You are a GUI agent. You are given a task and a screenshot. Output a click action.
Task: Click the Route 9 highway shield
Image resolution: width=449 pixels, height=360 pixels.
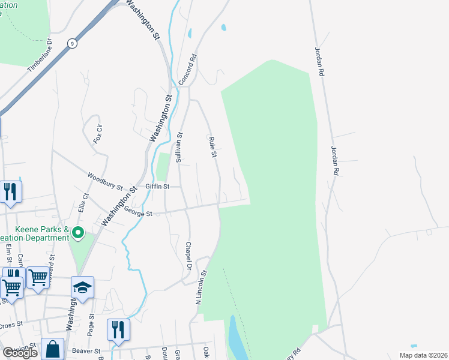click(x=72, y=43)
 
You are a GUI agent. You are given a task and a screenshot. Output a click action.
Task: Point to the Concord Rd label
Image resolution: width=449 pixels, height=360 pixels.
click(x=188, y=69)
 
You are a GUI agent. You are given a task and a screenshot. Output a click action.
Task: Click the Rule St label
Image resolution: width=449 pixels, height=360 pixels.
click(x=212, y=147)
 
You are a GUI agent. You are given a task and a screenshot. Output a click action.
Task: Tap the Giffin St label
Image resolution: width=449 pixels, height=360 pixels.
click(x=158, y=187)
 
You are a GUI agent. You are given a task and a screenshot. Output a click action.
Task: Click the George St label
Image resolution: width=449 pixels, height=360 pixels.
click(x=139, y=211)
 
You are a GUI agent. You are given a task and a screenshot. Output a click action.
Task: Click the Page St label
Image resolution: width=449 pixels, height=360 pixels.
click(x=91, y=324)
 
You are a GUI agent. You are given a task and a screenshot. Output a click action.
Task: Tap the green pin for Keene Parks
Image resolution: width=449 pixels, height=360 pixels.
click(x=79, y=233)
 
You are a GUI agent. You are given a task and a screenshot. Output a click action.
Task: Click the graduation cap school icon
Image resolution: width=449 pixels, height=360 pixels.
click(x=83, y=287)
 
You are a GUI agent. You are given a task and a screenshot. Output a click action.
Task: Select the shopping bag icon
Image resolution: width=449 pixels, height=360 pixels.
click(x=53, y=349)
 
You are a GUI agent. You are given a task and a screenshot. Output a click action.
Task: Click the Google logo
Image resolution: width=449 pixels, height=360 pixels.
click(x=20, y=353)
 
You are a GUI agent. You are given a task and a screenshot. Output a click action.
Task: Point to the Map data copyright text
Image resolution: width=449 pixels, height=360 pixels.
click(x=423, y=355)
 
